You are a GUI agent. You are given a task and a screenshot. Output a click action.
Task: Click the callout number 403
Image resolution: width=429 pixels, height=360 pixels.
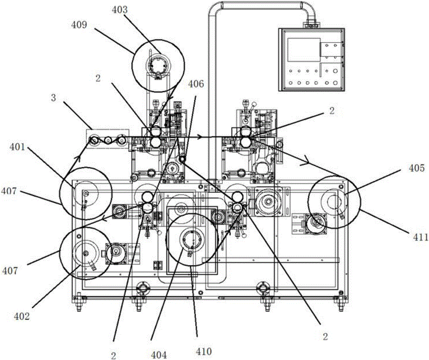coord(120,10)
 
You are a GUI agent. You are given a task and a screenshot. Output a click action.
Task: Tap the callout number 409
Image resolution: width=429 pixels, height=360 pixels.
coord(79,25)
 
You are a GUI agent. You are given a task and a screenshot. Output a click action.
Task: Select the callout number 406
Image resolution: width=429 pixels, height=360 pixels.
coord(196,84)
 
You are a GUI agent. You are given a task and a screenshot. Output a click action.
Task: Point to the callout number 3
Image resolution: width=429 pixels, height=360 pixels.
coord(54,98)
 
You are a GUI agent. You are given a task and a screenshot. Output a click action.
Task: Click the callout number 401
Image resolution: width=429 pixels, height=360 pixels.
coord(17,147)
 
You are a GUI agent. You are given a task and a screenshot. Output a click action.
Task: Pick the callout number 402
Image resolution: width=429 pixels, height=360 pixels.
coord(21,317)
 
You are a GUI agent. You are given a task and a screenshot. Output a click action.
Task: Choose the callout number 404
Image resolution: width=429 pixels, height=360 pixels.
coord(159,355)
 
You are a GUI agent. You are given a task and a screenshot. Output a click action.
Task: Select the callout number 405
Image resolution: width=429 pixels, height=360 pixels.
coord(417,168)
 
